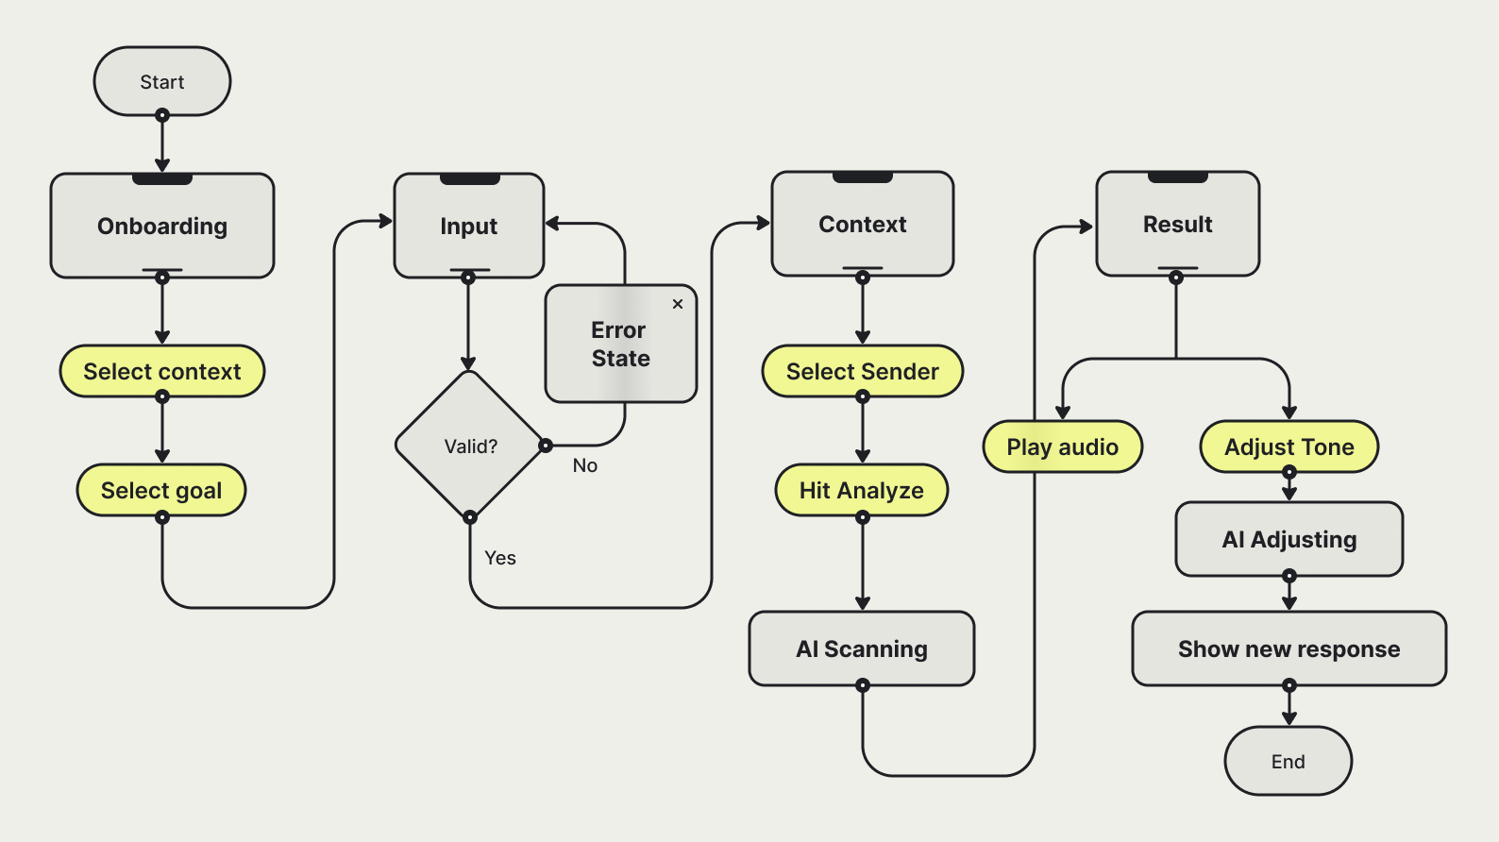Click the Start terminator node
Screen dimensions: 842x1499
click(162, 82)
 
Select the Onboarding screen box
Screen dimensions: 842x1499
click(162, 227)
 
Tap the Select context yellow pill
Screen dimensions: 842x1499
click(162, 371)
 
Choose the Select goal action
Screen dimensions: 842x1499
click(161, 490)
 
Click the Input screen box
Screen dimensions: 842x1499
click(469, 227)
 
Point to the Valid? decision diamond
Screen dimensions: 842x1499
click(470, 446)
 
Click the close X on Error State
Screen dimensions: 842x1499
click(678, 304)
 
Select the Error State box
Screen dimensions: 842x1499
click(620, 345)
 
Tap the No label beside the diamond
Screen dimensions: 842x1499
click(585, 465)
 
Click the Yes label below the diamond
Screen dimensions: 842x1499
click(500, 558)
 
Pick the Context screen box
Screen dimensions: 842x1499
click(863, 225)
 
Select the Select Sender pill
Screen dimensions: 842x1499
click(863, 371)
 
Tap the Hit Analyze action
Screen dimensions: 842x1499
click(862, 490)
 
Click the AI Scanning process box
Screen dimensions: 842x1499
click(862, 648)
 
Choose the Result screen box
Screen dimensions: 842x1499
click(1178, 225)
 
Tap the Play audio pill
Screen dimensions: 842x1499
click(1063, 446)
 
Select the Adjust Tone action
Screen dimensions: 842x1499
click(1289, 446)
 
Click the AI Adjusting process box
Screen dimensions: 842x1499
click(1289, 539)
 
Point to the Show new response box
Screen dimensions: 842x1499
click(1289, 648)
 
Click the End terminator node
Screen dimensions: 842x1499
click(1288, 761)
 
